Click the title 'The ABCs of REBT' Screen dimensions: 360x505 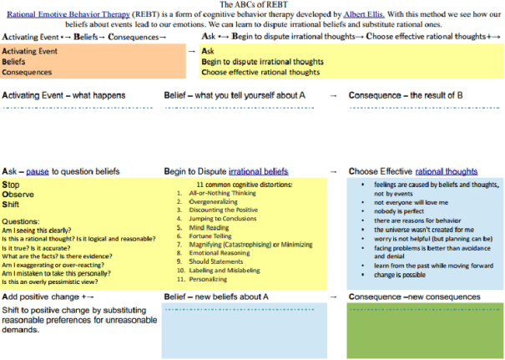[x=252, y=4]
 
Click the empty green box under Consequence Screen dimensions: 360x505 [x=425, y=331]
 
